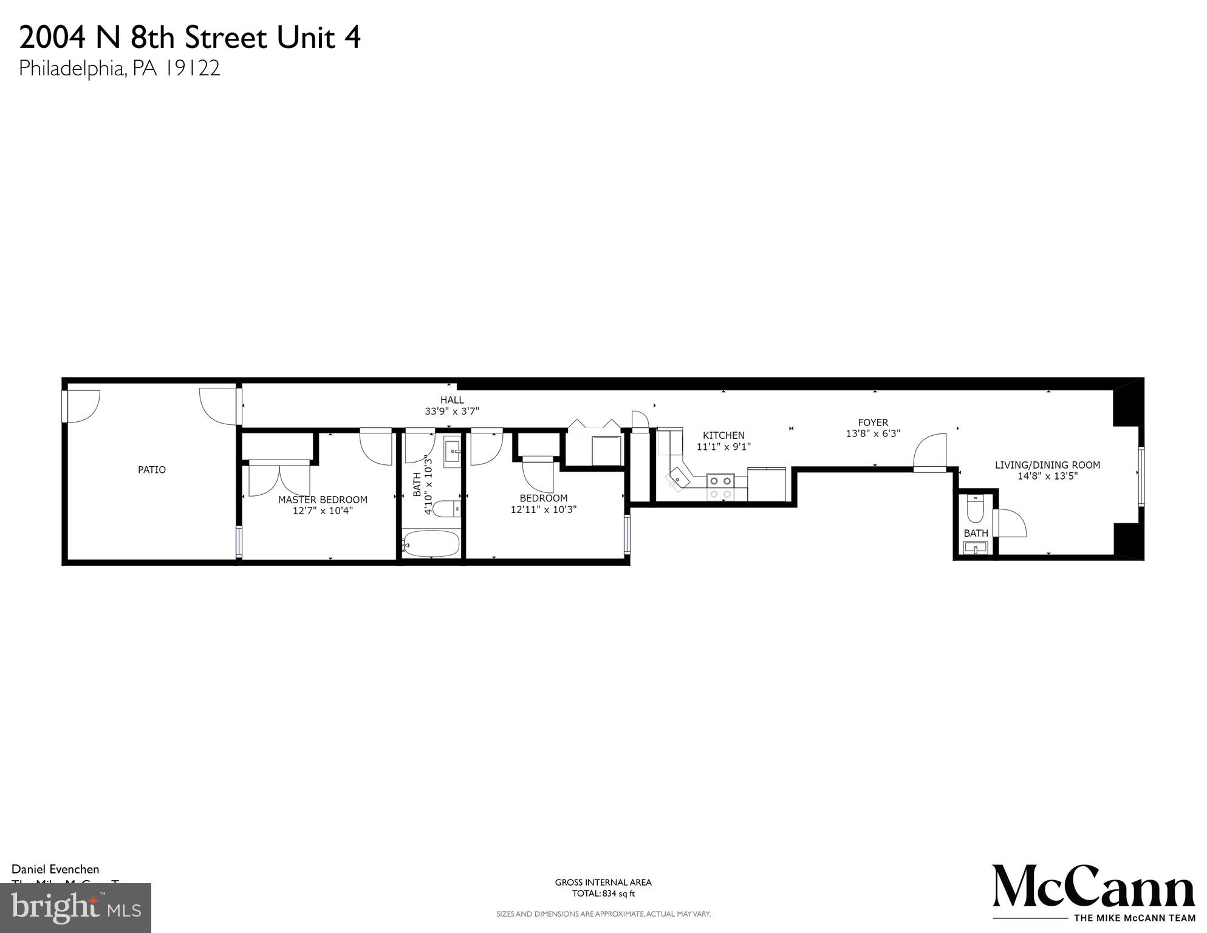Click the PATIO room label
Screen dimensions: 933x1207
click(x=151, y=470)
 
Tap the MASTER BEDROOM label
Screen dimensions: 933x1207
click(x=323, y=500)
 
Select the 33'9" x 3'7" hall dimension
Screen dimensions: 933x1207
click(x=452, y=411)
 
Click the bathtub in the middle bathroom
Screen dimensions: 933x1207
click(x=431, y=543)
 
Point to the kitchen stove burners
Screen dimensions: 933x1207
click(x=720, y=486)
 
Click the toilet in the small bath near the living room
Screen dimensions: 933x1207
click(x=975, y=509)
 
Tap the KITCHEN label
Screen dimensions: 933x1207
click(x=723, y=435)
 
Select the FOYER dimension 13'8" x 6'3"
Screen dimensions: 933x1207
click(x=873, y=433)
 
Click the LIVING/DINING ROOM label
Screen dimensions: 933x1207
click(x=1047, y=465)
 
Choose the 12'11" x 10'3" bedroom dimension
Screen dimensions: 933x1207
click(x=543, y=509)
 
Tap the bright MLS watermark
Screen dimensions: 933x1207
click(x=75, y=907)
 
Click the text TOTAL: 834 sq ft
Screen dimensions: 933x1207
click(x=603, y=893)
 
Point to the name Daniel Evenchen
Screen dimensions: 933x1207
click(x=55, y=869)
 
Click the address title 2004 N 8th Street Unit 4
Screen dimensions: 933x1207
click(x=190, y=38)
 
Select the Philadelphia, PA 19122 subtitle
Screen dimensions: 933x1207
click(x=119, y=68)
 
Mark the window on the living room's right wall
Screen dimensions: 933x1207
click(x=1141, y=477)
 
